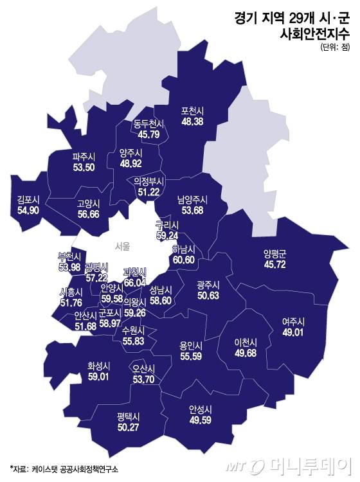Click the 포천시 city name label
[194, 109]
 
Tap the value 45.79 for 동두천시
[149, 134]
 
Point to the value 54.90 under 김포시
[30, 210]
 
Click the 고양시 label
[89, 204]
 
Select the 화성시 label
[99, 365]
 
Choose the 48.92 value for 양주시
[130, 165]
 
